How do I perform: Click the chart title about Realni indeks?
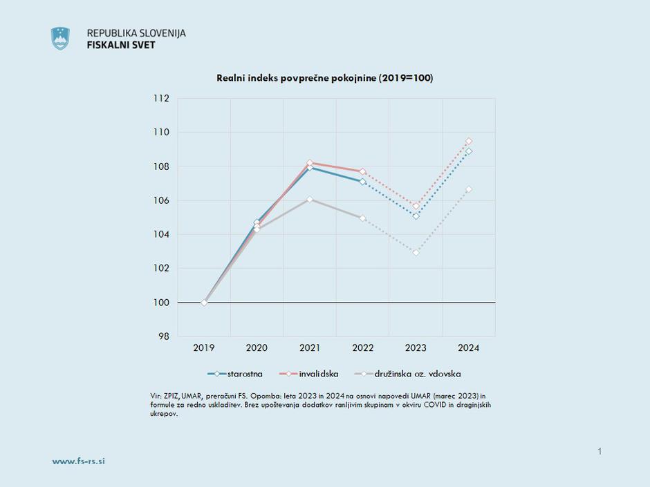click(x=325, y=78)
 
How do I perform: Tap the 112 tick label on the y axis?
click(x=161, y=99)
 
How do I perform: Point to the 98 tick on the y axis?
click(x=163, y=336)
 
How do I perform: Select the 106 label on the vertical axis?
click(x=161, y=200)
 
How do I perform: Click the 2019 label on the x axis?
click(x=204, y=348)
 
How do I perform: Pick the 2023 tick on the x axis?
click(x=416, y=348)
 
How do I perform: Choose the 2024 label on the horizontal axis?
click(x=469, y=348)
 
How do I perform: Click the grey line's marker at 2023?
click(x=416, y=253)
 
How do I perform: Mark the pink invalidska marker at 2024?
click(x=469, y=141)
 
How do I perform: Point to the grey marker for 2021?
click(x=310, y=200)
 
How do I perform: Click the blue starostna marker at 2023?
click(x=416, y=216)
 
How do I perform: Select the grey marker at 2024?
click(x=469, y=189)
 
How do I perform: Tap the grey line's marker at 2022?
click(x=362, y=218)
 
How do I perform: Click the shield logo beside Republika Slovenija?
click(x=60, y=39)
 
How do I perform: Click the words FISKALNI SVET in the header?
click(x=121, y=45)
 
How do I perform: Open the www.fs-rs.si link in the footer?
click(x=79, y=461)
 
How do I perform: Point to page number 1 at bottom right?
click(x=600, y=452)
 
